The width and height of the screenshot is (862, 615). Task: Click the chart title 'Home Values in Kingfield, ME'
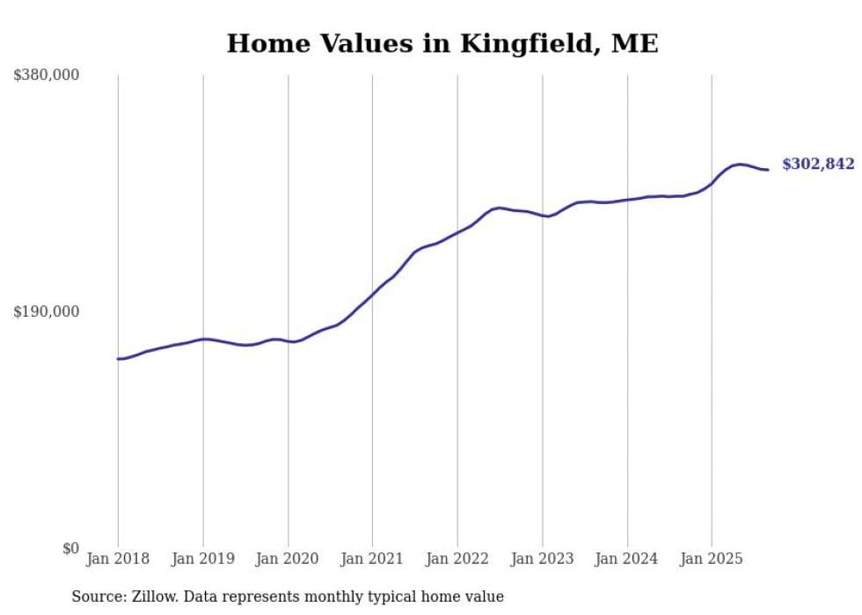click(x=442, y=43)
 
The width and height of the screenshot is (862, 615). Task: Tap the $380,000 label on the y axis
click(x=47, y=76)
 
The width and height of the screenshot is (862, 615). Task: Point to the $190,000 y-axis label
click(x=47, y=311)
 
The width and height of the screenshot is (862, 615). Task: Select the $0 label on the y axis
click(x=70, y=548)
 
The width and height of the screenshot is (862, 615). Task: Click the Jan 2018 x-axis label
click(x=118, y=559)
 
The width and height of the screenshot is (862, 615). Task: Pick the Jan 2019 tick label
click(x=203, y=559)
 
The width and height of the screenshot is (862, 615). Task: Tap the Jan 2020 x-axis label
click(x=288, y=559)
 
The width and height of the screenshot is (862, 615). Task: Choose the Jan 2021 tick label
click(x=372, y=559)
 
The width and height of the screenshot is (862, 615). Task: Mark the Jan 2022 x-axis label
click(x=457, y=559)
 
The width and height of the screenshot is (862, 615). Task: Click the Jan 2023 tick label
click(x=542, y=559)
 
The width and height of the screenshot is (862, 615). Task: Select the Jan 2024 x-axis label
click(x=627, y=559)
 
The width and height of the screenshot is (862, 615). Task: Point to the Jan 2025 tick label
click(x=712, y=559)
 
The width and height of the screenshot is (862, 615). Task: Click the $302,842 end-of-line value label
click(x=817, y=165)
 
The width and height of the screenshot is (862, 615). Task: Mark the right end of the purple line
click(x=768, y=170)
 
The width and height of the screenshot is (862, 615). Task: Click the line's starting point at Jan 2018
click(x=118, y=358)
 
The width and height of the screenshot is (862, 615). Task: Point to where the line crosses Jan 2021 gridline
click(x=372, y=295)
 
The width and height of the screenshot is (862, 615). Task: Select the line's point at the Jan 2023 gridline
click(x=543, y=216)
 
